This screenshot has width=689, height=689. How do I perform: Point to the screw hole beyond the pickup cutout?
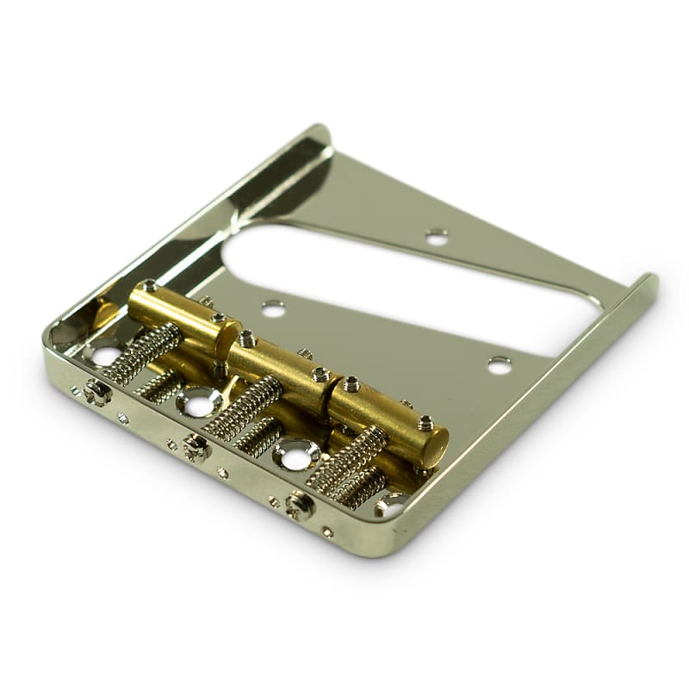[x=437, y=235]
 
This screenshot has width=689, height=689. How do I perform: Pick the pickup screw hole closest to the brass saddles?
[x=273, y=307]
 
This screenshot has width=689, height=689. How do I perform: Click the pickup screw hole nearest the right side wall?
[x=499, y=364]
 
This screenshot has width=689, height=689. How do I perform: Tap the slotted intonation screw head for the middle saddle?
[x=196, y=447]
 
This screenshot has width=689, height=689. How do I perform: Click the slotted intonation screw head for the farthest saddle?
[x=96, y=392]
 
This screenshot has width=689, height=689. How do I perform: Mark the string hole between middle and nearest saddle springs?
[x=295, y=456]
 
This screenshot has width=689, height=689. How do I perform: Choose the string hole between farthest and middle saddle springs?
[x=198, y=400]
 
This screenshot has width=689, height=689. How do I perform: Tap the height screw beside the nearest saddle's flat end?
[x=424, y=422]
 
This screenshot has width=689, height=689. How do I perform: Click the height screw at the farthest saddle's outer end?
[x=150, y=286]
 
